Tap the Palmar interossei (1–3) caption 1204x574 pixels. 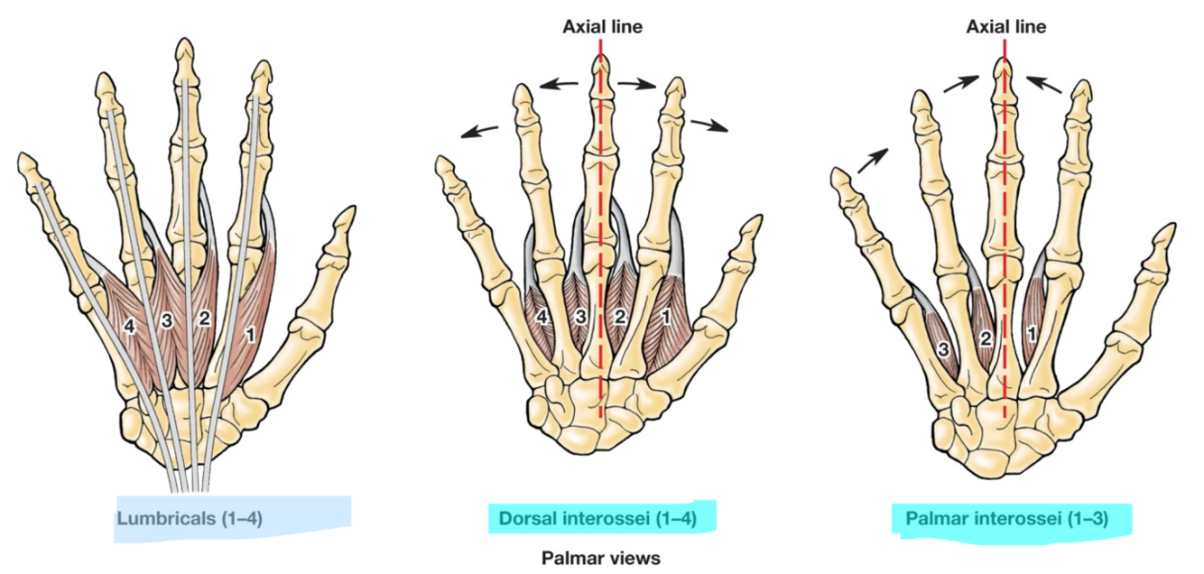click(x=1005, y=518)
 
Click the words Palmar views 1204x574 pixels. click(x=600, y=558)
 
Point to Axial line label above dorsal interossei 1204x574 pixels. click(x=602, y=27)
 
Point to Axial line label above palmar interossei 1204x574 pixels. click(x=1005, y=27)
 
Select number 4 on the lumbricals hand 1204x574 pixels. click(x=129, y=326)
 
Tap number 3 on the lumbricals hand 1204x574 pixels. click(x=166, y=320)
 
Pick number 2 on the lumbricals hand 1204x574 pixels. click(x=204, y=319)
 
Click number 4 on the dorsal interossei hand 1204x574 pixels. click(x=542, y=317)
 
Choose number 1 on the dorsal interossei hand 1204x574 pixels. click(x=665, y=317)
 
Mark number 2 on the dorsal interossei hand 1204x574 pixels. click(x=619, y=316)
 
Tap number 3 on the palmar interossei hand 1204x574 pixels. click(x=945, y=348)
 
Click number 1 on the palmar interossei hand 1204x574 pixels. click(x=1031, y=333)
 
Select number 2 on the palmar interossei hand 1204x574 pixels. click(x=986, y=339)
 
